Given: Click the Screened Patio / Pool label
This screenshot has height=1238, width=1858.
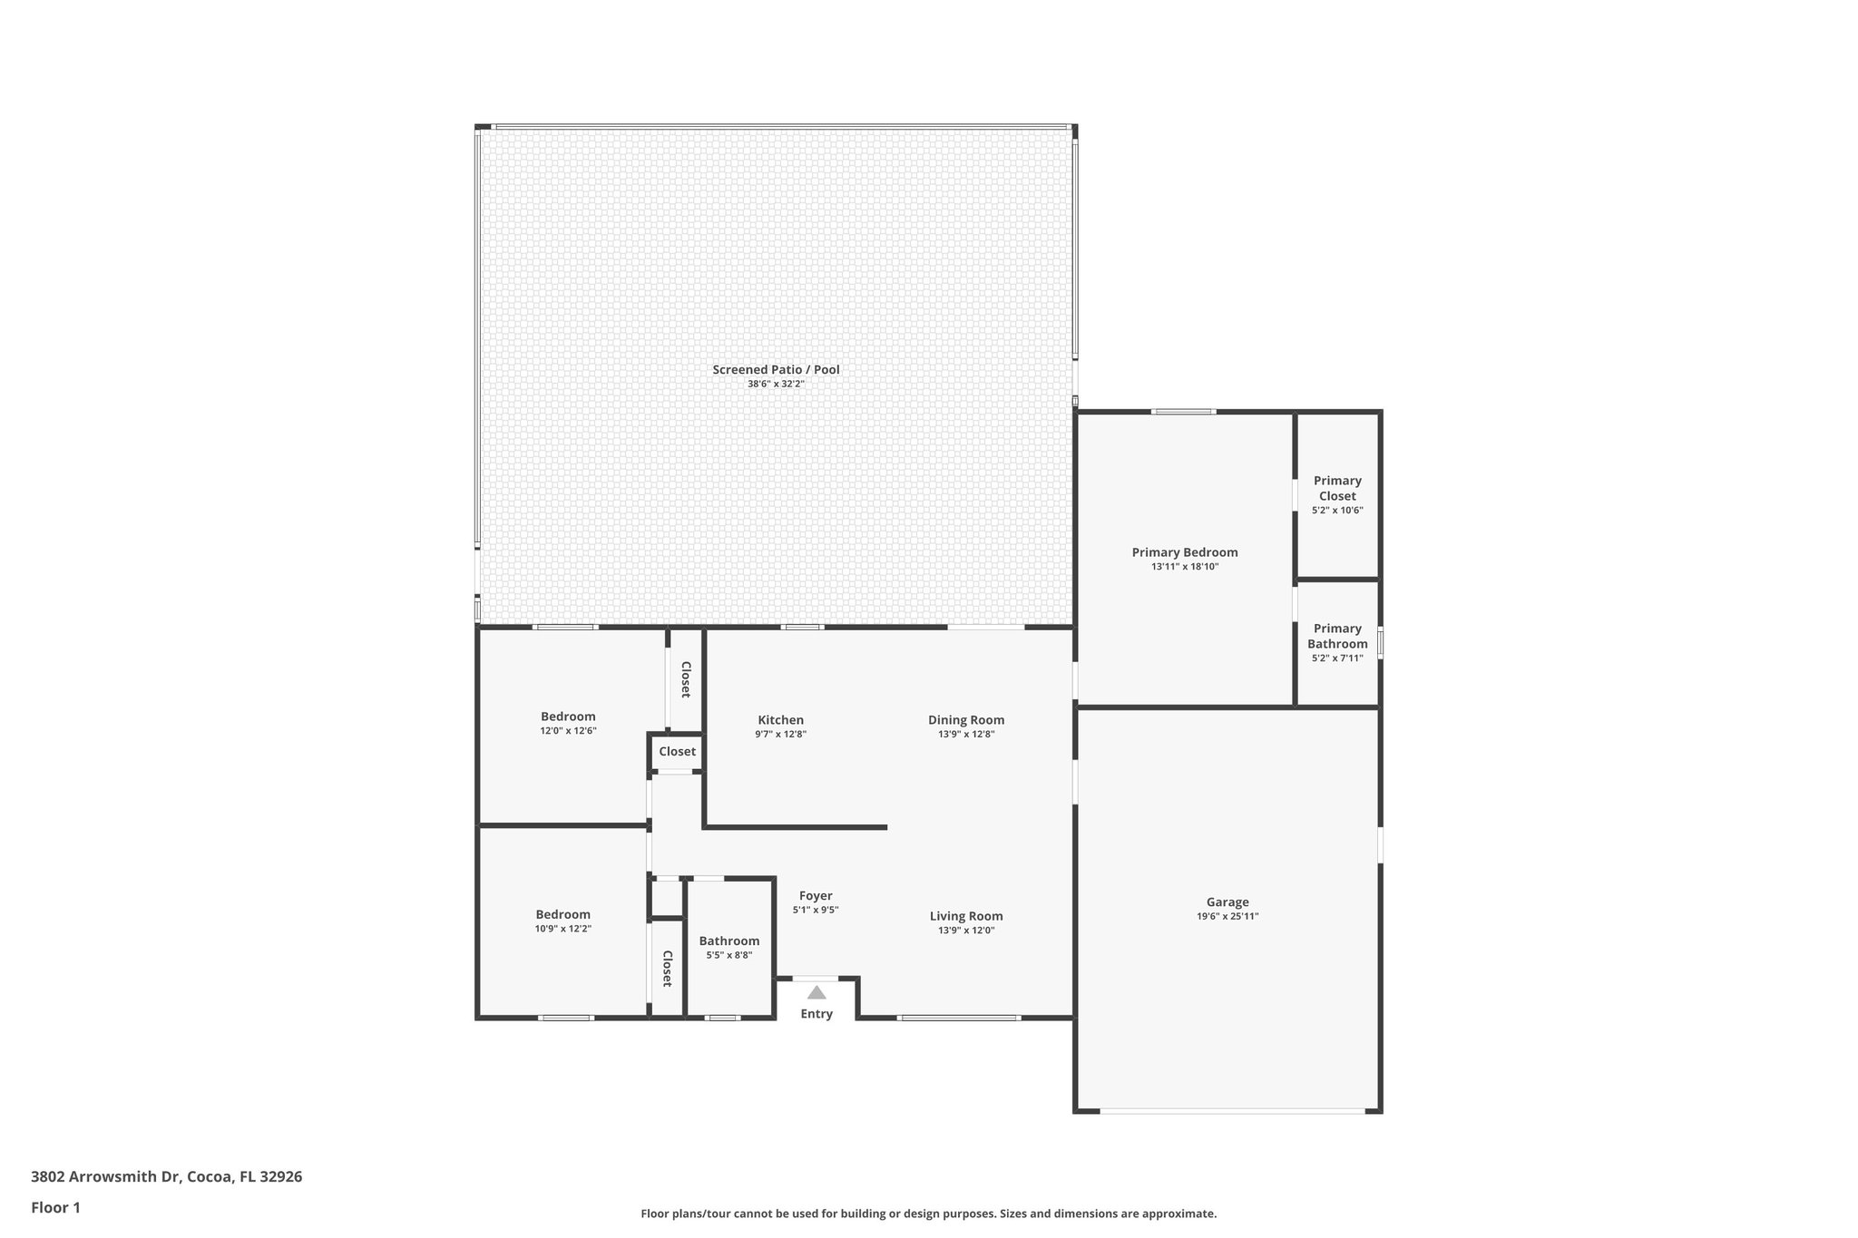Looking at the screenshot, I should coord(776,369).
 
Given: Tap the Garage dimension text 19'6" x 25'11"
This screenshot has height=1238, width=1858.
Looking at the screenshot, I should coord(1227,916).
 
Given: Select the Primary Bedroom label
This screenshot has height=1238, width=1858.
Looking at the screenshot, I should coord(1184,552).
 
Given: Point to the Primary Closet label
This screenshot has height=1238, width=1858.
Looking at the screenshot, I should coord(1337,488).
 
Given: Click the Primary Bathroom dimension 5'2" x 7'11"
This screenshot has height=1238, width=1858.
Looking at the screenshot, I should coord(1337,658).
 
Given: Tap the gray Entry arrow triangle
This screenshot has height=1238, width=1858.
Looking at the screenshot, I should coord(817,992).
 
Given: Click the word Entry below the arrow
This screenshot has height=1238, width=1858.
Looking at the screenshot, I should coord(817,1014).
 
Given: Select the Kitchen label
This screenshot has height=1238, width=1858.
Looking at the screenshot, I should coord(780,720).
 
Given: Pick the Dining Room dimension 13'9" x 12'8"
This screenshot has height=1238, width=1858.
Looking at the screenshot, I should coord(966,735).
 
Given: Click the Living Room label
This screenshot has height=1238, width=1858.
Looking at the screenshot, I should coord(966,916).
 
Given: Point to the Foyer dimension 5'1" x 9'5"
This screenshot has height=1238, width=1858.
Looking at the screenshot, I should coord(816,910).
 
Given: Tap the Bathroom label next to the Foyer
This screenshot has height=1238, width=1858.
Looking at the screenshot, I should coord(729,941).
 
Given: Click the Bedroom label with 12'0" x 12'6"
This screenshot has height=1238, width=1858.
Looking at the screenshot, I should coord(568,716).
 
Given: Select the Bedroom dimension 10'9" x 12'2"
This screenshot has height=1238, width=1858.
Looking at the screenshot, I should coord(562,929).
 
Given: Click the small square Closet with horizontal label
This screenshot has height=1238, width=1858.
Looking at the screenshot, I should coord(677,752).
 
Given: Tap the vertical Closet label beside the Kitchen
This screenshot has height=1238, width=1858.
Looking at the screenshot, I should coord(686,679).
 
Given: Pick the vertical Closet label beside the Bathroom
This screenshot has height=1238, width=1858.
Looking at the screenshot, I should coord(667,969).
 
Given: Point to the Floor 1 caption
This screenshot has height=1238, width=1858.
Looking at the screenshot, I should coord(55,1207).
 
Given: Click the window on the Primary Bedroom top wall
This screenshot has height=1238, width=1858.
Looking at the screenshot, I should coord(1184,412).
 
